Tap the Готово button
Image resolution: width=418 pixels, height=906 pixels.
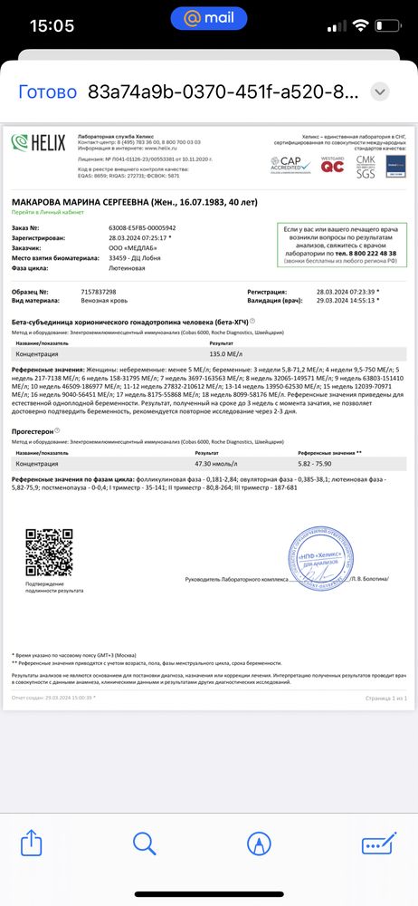[48, 92]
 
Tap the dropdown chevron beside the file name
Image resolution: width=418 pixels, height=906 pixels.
[380, 92]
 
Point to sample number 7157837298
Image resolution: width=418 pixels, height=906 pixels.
[100, 292]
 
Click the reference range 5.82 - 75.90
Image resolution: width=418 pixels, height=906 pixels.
[318, 463]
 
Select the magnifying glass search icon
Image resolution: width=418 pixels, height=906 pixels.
[145, 844]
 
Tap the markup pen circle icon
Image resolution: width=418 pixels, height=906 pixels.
[260, 844]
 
